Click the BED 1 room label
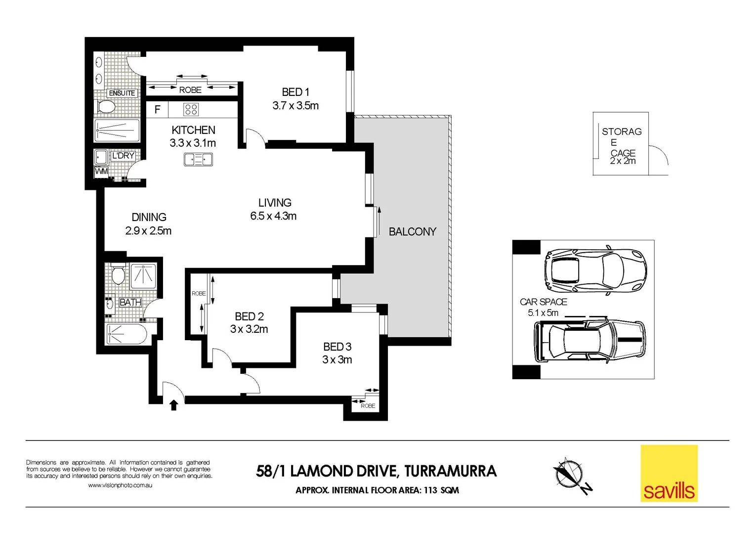(x=295, y=92)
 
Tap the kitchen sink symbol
(x=198, y=159)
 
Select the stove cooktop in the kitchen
(x=191, y=109)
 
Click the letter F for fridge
(x=157, y=109)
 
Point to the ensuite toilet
(x=106, y=106)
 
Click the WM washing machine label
(x=101, y=172)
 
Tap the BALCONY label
(x=412, y=231)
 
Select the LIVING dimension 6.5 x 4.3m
(x=273, y=216)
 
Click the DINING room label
(x=149, y=217)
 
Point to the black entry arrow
(x=173, y=405)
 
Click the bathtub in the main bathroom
(x=126, y=334)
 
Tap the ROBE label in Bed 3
(x=368, y=406)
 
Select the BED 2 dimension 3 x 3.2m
(x=249, y=329)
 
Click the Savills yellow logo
(x=669, y=474)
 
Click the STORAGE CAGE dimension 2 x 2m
(x=623, y=161)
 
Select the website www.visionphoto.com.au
(x=120, y=486)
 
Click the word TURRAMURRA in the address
(x=450, y=471)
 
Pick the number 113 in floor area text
(x=429, y=490)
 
